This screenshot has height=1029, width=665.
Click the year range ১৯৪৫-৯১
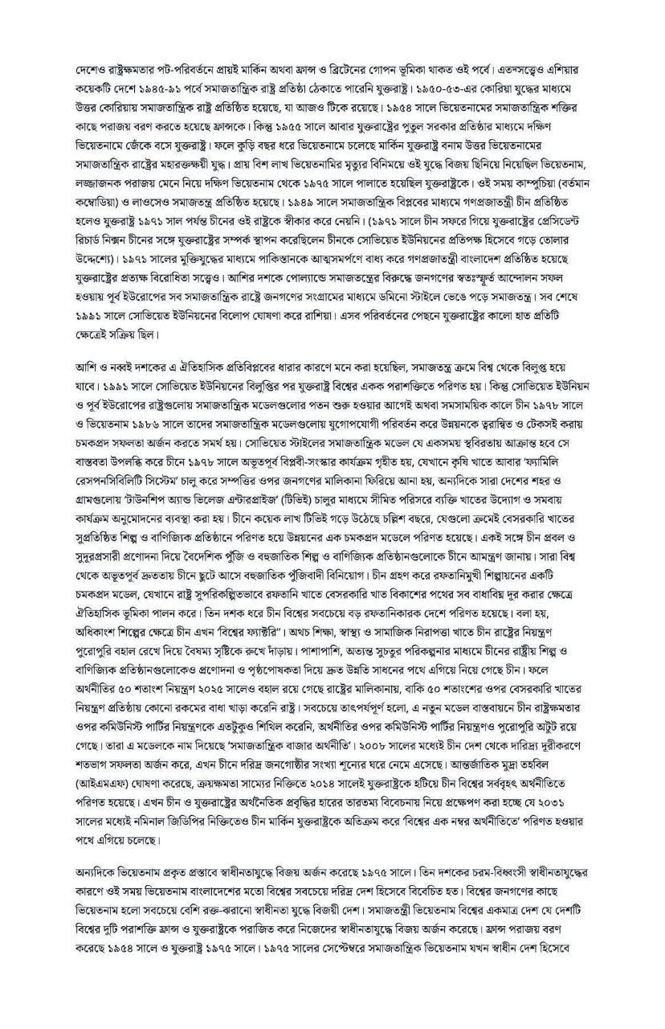pos(141,83)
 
